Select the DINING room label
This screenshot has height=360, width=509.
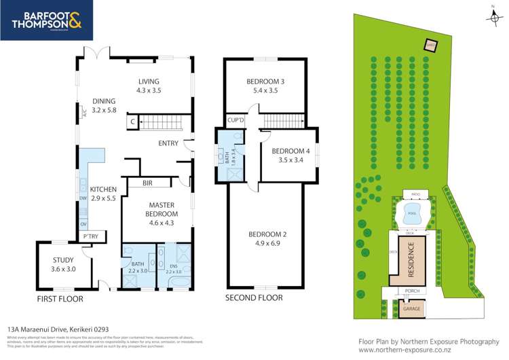pyautogui.click(x=104, y=102)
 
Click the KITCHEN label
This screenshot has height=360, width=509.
pyautogui.click(x=104, y=189)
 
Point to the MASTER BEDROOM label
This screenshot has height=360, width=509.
pyautogui.click(x=157, y=208)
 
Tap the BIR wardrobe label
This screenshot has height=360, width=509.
pyautogui.click(x=147, y=183)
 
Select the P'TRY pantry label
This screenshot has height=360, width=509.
pyautogui.click(x=90, y=236)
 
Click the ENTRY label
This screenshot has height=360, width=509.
pyautogui.click(x=168, y=143)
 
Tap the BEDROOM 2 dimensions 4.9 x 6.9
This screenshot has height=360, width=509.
pyautogui.click(x=265, y=243)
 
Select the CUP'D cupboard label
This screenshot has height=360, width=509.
pyautogui.click(x=235, y=120)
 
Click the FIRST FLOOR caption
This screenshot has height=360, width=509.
pyautogui.click(x=60, y=298)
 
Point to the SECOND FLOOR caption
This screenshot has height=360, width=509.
pyautogui.click(x=252, y=298)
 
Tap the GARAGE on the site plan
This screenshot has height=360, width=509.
pyautogui.click(x=411, y=308)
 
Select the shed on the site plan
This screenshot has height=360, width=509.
pyautogui.click(x=429, y=46)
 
